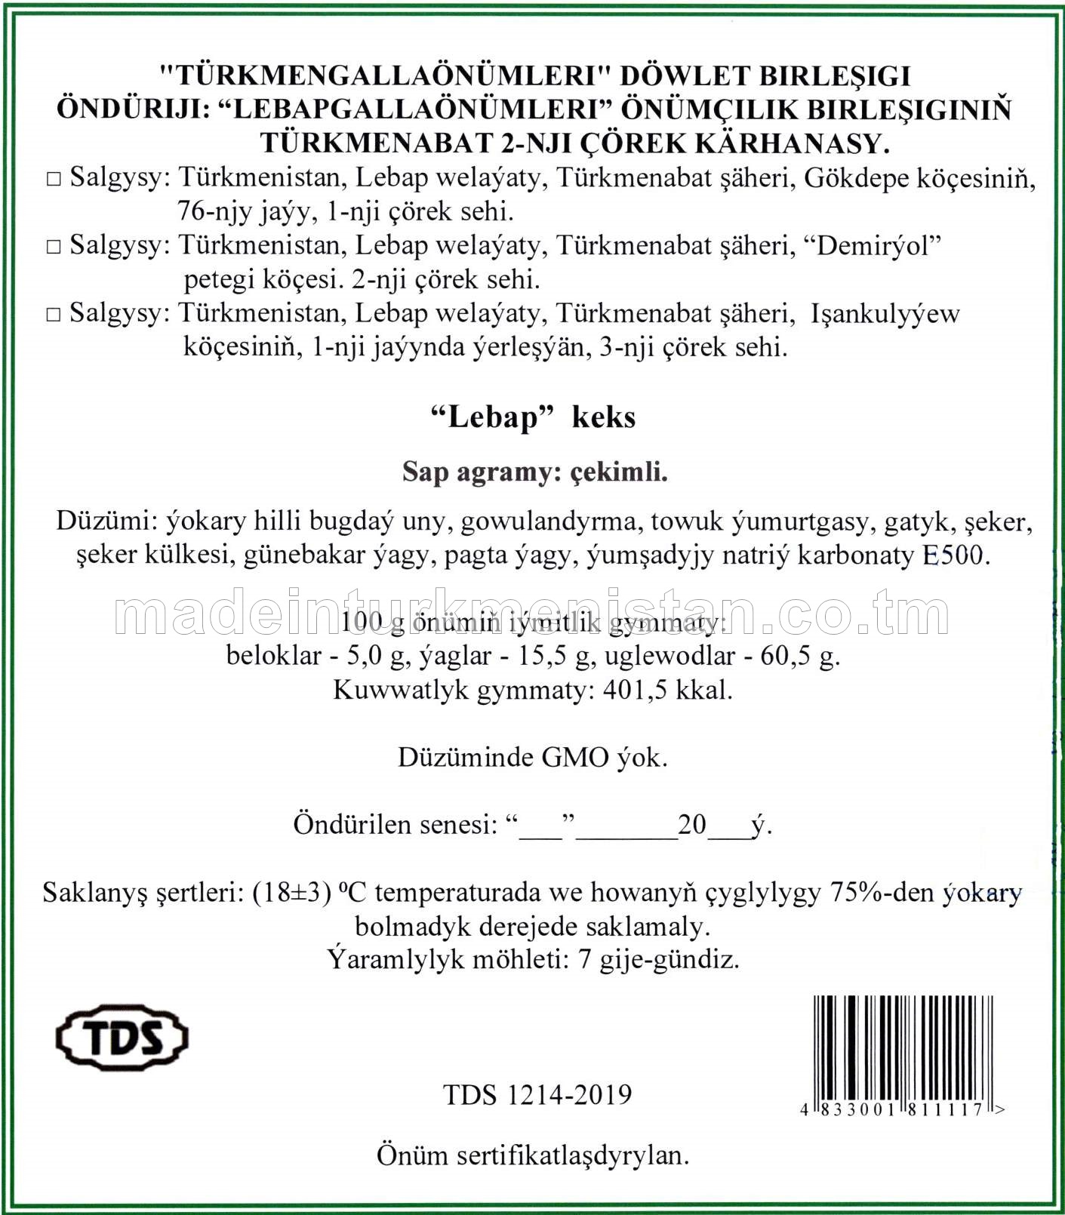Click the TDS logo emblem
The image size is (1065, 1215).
(122, 1038)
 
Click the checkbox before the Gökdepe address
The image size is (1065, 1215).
(53, 180)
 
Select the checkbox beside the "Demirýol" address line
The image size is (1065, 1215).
(53, 248)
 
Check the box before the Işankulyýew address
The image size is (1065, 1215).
(53, 315)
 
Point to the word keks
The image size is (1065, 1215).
(603, 417)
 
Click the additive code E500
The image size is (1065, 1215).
(954, 555)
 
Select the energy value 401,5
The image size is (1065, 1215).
(636, 690)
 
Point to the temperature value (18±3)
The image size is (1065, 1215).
(292, 893)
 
